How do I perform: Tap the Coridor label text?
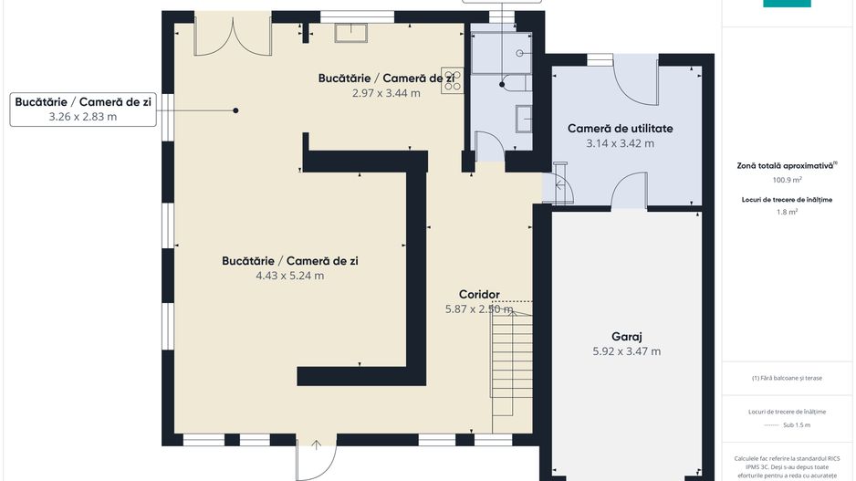[478, 295]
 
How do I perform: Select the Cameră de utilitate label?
[620, 129]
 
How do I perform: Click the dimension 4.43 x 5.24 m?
[289, 276]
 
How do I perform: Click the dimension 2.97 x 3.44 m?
[386, 93]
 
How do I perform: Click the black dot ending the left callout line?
[235, 110]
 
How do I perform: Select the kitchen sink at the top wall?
[350, 33]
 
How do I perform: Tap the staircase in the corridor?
[512, 365]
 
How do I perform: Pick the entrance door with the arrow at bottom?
[317, 456]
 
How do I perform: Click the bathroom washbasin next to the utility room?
[524, 119]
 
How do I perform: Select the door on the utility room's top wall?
[632, 78]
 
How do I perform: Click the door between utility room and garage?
[628, 191]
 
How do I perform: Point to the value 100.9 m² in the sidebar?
[786, 180]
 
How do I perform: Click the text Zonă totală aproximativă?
[786, 166]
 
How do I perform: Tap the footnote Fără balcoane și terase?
[787, 378]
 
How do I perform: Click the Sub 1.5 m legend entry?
[787, 424]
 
